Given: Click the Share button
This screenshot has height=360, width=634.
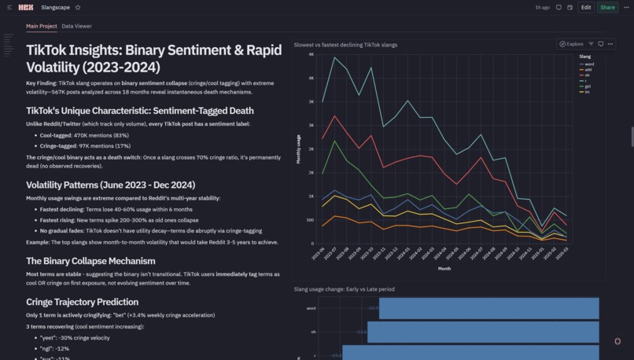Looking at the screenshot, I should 607,7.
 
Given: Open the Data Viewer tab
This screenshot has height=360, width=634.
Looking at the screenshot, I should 76,26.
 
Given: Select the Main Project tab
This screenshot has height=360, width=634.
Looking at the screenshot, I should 41,26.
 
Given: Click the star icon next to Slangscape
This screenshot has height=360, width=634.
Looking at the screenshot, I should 78,7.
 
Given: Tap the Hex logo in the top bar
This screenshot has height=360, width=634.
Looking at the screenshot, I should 25,7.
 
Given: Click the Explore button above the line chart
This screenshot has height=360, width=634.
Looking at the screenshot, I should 572,44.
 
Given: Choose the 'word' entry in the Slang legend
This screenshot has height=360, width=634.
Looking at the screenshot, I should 588,64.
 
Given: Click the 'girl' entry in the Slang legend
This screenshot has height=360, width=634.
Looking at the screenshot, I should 588,86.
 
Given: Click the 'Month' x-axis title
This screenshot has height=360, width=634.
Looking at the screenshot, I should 444,268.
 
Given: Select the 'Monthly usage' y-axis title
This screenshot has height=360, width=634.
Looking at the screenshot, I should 298,149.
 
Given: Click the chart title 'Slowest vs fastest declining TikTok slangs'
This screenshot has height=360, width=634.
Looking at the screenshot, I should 345,45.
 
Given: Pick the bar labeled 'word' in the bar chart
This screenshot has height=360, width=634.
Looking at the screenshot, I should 488,308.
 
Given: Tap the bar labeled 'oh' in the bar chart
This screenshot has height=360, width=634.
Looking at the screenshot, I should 483,332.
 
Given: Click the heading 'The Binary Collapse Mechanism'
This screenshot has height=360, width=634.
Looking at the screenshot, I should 90,261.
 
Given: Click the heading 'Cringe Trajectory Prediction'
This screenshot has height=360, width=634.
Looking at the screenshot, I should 82,302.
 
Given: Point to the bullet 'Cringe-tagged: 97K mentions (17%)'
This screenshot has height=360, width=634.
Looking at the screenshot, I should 85,145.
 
